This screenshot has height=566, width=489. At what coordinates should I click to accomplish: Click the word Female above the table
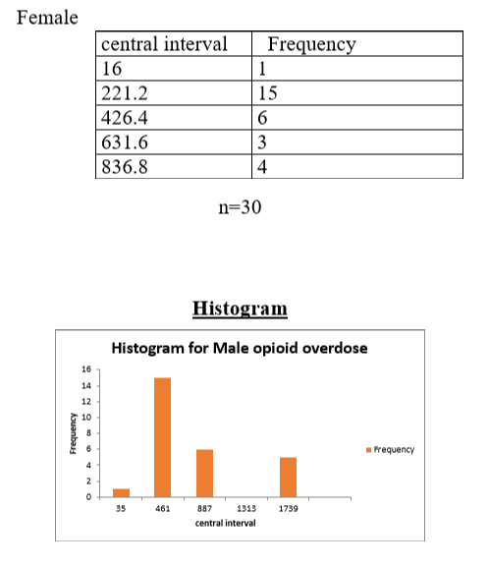pyautogui.click(x=48, y=19)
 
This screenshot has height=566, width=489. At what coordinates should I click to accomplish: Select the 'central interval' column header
pyautogui.click(x=164, y=44)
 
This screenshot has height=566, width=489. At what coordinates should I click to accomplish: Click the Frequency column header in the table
pyautogui.click(x=311, y=44)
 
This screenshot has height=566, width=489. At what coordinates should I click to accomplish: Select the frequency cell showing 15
pyautogui.click(x=264, y=93)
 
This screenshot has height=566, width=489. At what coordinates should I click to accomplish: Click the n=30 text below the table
pyautogui.click(x=240, y=209)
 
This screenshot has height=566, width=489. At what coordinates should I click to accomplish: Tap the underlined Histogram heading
pyautogui.click(x=241, y=309)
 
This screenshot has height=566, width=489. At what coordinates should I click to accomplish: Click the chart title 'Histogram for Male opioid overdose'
pyautogui.click(x=241, y=349)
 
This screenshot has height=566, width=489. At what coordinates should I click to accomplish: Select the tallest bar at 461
pyautogui.click(x=163, y=436)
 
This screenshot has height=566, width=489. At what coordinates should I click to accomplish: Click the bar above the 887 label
pyautogui.click(x=204, y=473)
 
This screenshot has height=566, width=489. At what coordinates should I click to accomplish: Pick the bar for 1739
pyautogui.click(x=289, y=477)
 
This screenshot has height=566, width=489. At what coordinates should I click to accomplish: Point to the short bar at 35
pyautogui.click(x=121, y=492)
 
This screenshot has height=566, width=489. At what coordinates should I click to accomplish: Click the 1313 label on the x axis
pyautogui.click(x=246, y=510)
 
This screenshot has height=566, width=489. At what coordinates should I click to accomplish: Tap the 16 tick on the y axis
pyautogui.click(x=86, y=370)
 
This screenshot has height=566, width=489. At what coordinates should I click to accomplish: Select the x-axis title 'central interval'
pyautogui.click(x=226, y=524)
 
